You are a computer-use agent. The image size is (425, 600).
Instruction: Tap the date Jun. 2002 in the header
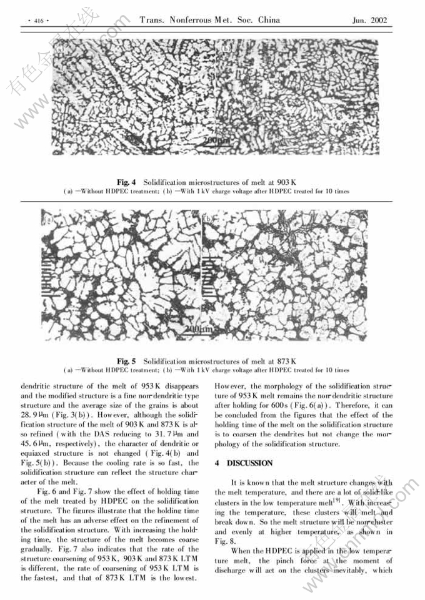369,21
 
